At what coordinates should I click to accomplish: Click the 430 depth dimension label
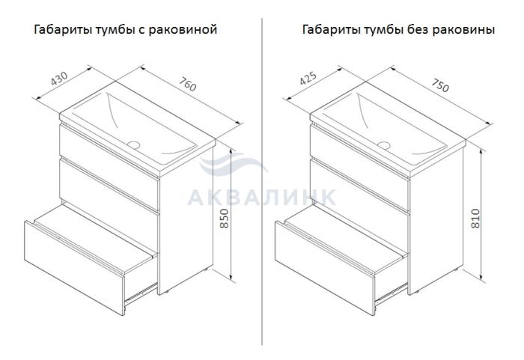click(59, 79)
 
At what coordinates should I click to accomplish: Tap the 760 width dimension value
click(188, 84)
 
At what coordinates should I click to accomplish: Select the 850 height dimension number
click(225, 219)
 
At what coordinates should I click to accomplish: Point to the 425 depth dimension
click(308, 79)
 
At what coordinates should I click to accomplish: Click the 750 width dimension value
click(440, 85)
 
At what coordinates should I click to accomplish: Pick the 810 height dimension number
click(475, 219)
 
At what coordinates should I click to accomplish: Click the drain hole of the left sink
click(134, 144)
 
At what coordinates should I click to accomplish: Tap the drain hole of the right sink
click(384, 145)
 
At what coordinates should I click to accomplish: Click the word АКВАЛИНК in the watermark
click(262, 198)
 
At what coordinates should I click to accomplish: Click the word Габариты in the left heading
click(64, 29)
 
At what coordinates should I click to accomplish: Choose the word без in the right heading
click(418, 29)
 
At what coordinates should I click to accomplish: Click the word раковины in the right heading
click(463, 30)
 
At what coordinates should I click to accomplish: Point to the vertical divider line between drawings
click(262, 181)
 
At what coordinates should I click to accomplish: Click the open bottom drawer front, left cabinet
click(74, 267)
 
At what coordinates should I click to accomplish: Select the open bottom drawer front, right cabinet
click(324, 267)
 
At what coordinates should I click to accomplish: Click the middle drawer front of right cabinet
click(359, 186)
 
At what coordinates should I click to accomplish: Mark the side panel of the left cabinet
click(186, 222)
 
